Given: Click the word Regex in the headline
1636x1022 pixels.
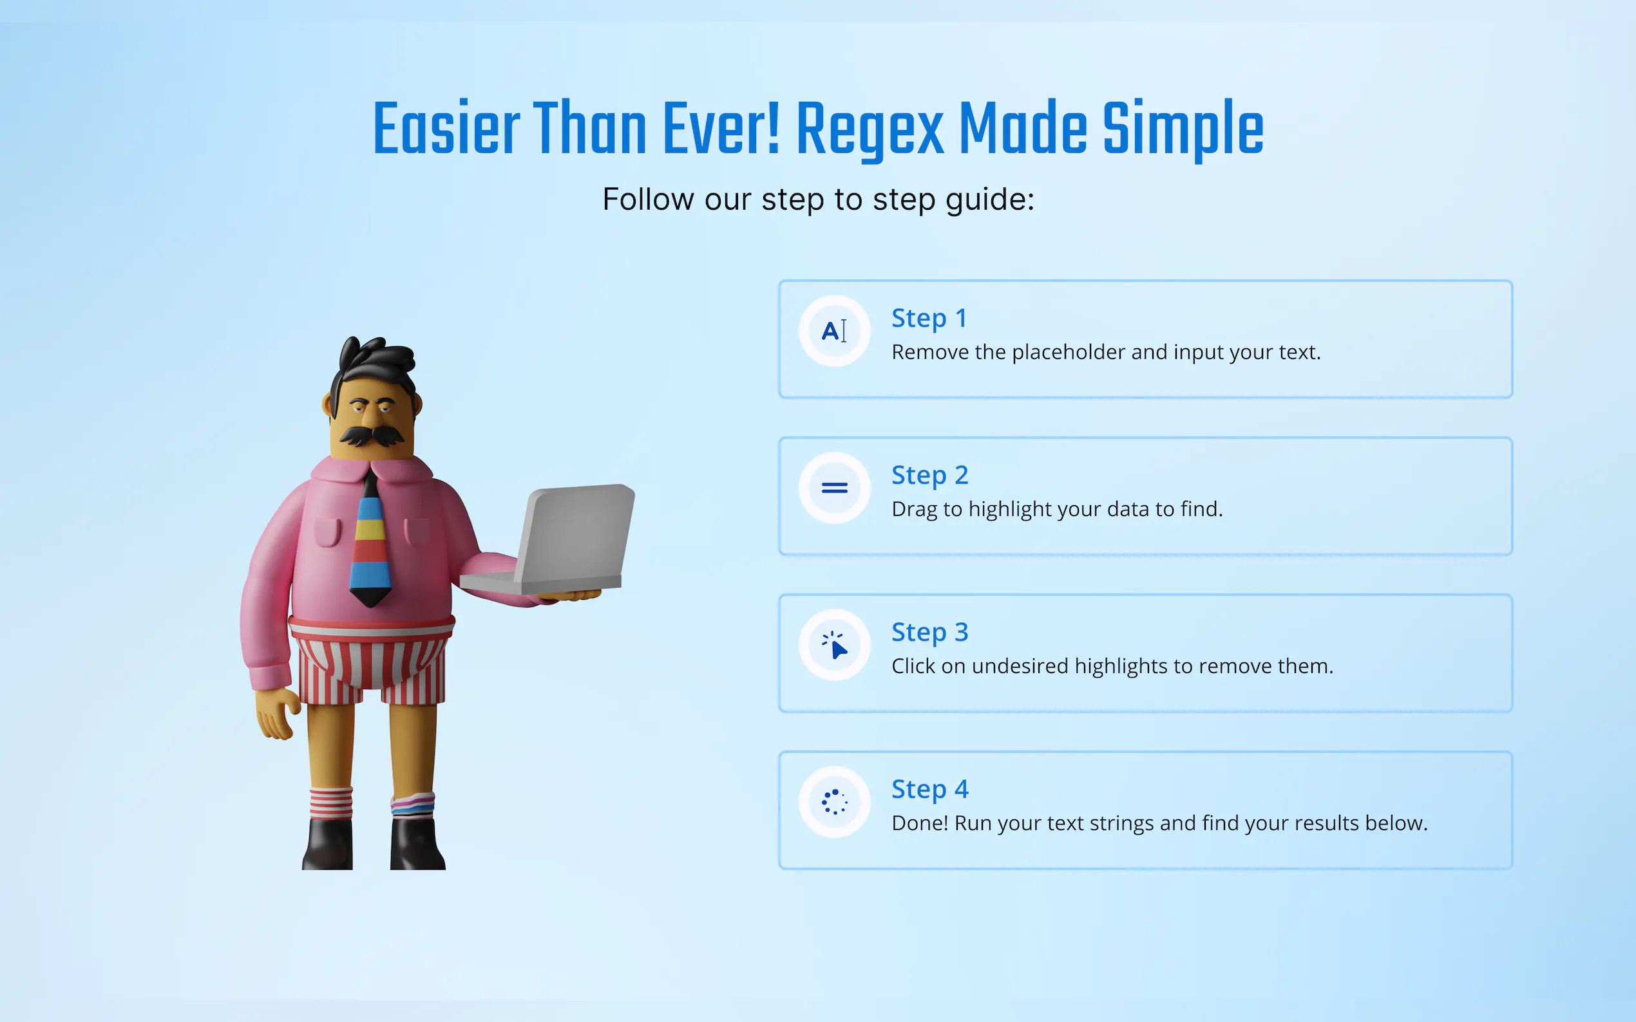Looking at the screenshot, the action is (870, 129).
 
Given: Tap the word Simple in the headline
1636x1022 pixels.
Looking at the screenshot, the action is (1183, 129).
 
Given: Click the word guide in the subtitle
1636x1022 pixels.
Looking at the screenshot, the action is (989, 200).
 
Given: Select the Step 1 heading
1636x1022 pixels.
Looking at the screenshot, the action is (929, 319).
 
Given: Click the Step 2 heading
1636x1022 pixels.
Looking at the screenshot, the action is (930, 475).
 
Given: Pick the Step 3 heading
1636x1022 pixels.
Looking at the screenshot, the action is (930, 632).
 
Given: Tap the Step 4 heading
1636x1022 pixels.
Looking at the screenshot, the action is (930, 789).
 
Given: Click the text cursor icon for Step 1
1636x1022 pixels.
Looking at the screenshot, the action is (834, 331).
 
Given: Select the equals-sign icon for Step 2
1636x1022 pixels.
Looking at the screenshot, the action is (834, 487).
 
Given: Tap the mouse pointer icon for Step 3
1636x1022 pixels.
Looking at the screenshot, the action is (835, 645).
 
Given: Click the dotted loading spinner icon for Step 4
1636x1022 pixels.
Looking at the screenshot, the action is (835, 802).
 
